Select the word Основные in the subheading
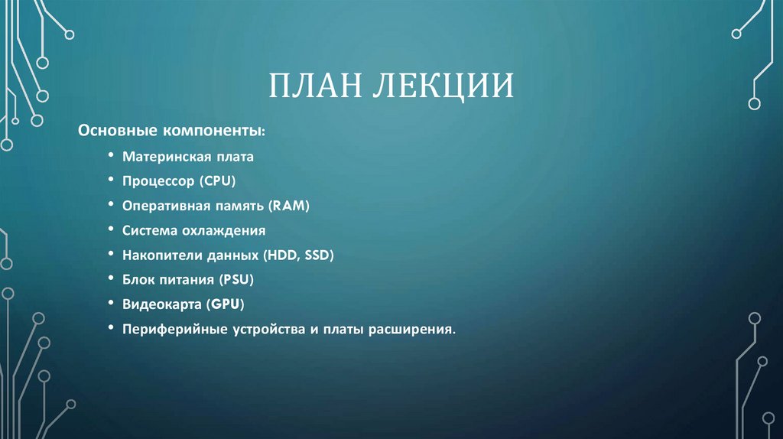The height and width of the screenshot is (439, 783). [x=117, y=131]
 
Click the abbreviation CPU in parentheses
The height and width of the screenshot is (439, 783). [x=222, y=182]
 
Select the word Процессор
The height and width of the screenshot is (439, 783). [x=158, y=182]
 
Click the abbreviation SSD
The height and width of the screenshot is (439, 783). [x=317, y=255]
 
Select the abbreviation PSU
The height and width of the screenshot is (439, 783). [x=239, y=280]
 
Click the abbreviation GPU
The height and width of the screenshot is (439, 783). [x=226, y=304]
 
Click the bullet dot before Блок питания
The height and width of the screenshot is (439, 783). [x=112, y=280]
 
